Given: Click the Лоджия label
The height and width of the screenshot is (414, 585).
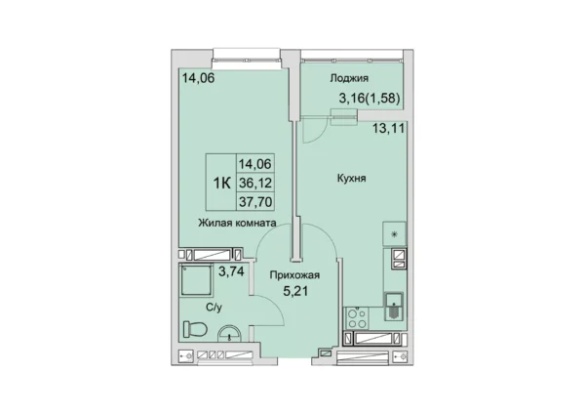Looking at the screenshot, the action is (349, 78).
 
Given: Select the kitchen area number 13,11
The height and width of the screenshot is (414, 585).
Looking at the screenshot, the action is (389, 129).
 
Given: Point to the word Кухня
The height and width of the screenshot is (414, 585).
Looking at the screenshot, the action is (351, 179).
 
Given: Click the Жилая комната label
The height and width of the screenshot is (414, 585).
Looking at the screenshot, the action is (237, 223).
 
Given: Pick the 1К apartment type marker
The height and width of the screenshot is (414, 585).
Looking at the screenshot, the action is (221, 184).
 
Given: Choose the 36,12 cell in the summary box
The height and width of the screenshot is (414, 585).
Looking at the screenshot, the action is (255, 184).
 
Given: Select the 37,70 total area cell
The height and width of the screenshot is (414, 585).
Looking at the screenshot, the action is (255, 202).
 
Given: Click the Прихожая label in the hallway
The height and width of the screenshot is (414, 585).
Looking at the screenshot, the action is (294, 275).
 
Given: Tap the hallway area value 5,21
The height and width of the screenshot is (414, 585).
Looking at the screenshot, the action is (295, 291).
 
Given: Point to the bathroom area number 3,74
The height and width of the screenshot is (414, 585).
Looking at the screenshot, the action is (231, 271).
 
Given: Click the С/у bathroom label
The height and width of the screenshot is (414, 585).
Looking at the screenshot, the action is (214, 308).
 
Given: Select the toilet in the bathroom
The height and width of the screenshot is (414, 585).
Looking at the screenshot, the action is (195, 329).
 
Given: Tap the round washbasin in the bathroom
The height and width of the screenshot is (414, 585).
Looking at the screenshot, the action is (229, 334).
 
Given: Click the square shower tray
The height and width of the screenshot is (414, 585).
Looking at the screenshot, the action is (196, 280).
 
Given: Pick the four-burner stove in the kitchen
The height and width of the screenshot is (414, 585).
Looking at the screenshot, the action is (356, 318).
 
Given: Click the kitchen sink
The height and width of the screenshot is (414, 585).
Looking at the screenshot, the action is (394, 306).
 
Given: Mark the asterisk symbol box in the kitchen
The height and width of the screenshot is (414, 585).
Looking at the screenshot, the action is (394, 234).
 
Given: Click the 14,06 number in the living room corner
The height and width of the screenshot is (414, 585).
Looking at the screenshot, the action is (199, 78).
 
